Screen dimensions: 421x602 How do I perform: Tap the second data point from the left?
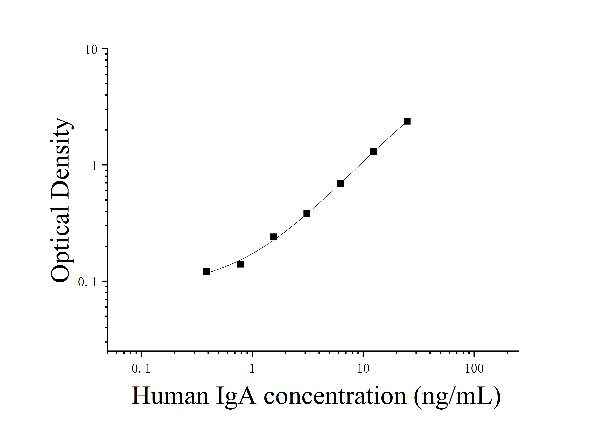pyautogui.click(x=240, y=264)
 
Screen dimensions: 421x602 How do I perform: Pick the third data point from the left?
pyautogui.click(x=273, y=237)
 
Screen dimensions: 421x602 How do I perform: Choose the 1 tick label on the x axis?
pyautogui.click(x=252, y=369)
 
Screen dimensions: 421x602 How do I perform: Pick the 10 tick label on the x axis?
pyautogui.click(x=363, y=369)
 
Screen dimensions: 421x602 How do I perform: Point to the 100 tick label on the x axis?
pyautogui.click(x=474, y=369)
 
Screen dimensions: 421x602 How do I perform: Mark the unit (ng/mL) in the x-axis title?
pyautogui.click(x=457, y=396)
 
